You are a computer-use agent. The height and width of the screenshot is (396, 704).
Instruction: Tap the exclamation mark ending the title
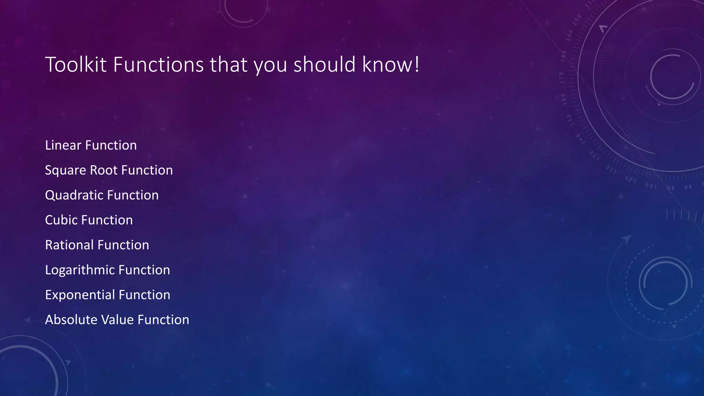point(417,64)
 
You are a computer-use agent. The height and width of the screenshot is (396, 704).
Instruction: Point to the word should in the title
point(324,64)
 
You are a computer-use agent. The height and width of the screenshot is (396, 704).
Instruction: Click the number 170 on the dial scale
point(562,78)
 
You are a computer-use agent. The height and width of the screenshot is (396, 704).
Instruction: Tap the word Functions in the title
point(158,64)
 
